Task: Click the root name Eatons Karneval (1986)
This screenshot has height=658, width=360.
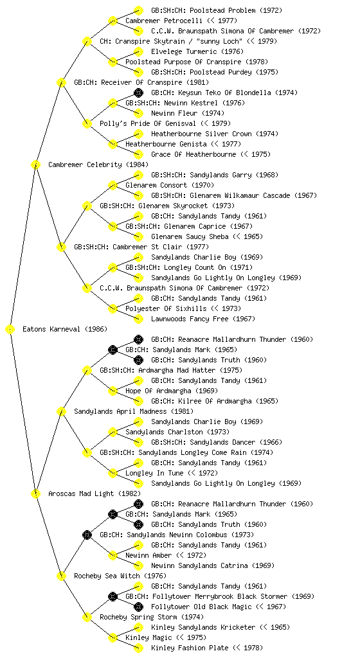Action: click(65, 329)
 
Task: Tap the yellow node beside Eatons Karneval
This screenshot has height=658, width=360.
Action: click(10, 330)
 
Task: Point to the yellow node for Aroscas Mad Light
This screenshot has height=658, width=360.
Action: click(35, 494)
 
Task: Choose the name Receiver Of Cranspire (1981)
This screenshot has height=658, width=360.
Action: click(141, 82)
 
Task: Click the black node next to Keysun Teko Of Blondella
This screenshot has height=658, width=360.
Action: click(138, 93)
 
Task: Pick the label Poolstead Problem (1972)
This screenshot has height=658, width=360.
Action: click(217, 10)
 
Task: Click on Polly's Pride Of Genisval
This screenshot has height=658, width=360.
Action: click(165, 123)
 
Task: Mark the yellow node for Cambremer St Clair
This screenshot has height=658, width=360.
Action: click(61, 247)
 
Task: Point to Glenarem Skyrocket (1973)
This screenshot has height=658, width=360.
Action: click(167, 206)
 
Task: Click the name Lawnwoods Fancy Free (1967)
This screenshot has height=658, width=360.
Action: click(203, 319)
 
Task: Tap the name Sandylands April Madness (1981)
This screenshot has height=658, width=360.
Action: click(134, 411)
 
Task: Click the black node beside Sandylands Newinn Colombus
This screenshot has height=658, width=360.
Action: click(87, 535)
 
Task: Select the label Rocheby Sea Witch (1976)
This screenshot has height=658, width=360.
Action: click(120, 576)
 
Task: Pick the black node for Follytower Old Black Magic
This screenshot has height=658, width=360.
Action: click(138, 607)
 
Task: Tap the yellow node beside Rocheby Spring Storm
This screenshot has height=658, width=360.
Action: click(87, 618)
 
